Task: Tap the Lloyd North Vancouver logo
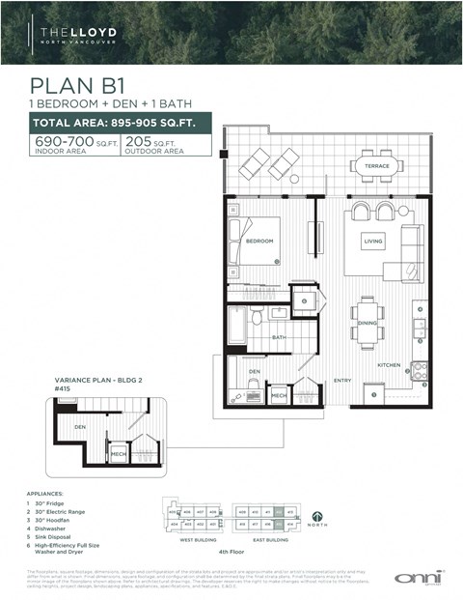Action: tap(76, 36)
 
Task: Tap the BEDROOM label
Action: tap(258, 241)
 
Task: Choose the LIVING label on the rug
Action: tap(373, 240)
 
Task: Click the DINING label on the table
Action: tap(367, 325)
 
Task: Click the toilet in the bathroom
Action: tap(257, 317)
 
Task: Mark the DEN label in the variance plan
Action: tap(80, 426)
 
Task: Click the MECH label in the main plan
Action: tap(278, 395)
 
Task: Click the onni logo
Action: tap(420, 577)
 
